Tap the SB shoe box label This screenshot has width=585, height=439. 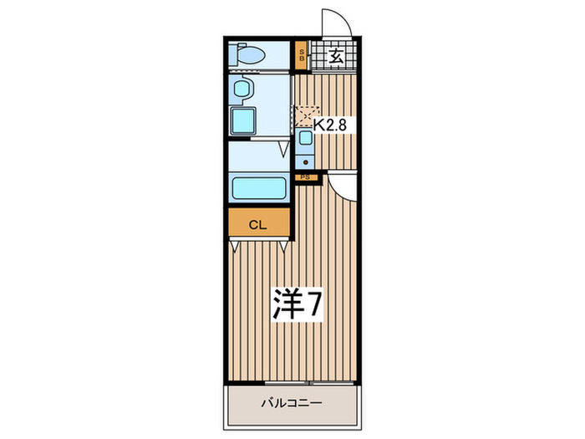click(x=303, y=57)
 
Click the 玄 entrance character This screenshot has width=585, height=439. click(x=334, y=57)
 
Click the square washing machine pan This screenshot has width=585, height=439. click(x=246, y=120)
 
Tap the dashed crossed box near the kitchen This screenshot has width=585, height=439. click(x=306, y=112)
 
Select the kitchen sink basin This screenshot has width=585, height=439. click(x=305, y=137)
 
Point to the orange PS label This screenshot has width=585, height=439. click(x=305, y=176)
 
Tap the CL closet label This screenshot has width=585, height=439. click(x=259, y=223)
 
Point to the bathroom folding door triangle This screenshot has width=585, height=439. click(x=283, y=150)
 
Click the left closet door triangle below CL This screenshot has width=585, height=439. click(x=237, y=245)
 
